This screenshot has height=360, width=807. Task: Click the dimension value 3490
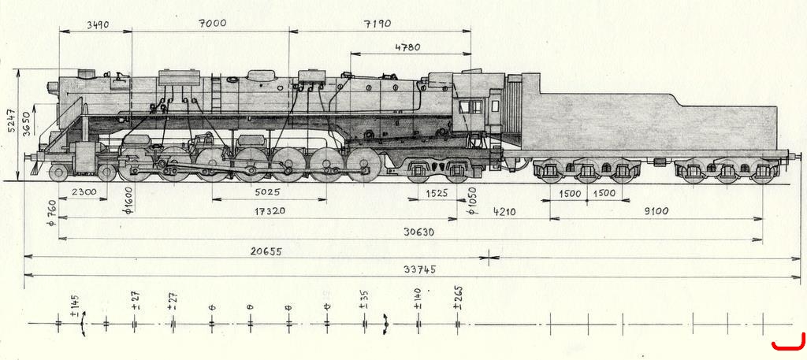click(98, 24)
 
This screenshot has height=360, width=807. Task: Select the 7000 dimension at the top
click(212, 23)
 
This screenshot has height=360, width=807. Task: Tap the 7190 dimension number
click(377, 24)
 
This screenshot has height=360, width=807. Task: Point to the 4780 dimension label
click(407, 47)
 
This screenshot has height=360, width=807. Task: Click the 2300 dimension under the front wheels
click(84, 192)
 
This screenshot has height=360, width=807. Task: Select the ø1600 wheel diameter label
click(128, 200)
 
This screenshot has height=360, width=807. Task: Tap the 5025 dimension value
click(268, 192)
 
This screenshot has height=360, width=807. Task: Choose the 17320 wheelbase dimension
click(270, 211)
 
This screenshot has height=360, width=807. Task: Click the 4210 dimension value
click(504, 211)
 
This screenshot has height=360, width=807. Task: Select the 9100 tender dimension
click(656, 211)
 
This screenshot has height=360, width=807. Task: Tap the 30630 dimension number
click(418, 232)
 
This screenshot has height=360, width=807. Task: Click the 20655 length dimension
click(266, 251)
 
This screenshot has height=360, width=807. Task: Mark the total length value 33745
click(420, 269)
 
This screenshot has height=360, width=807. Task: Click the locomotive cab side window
click(471, 107)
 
